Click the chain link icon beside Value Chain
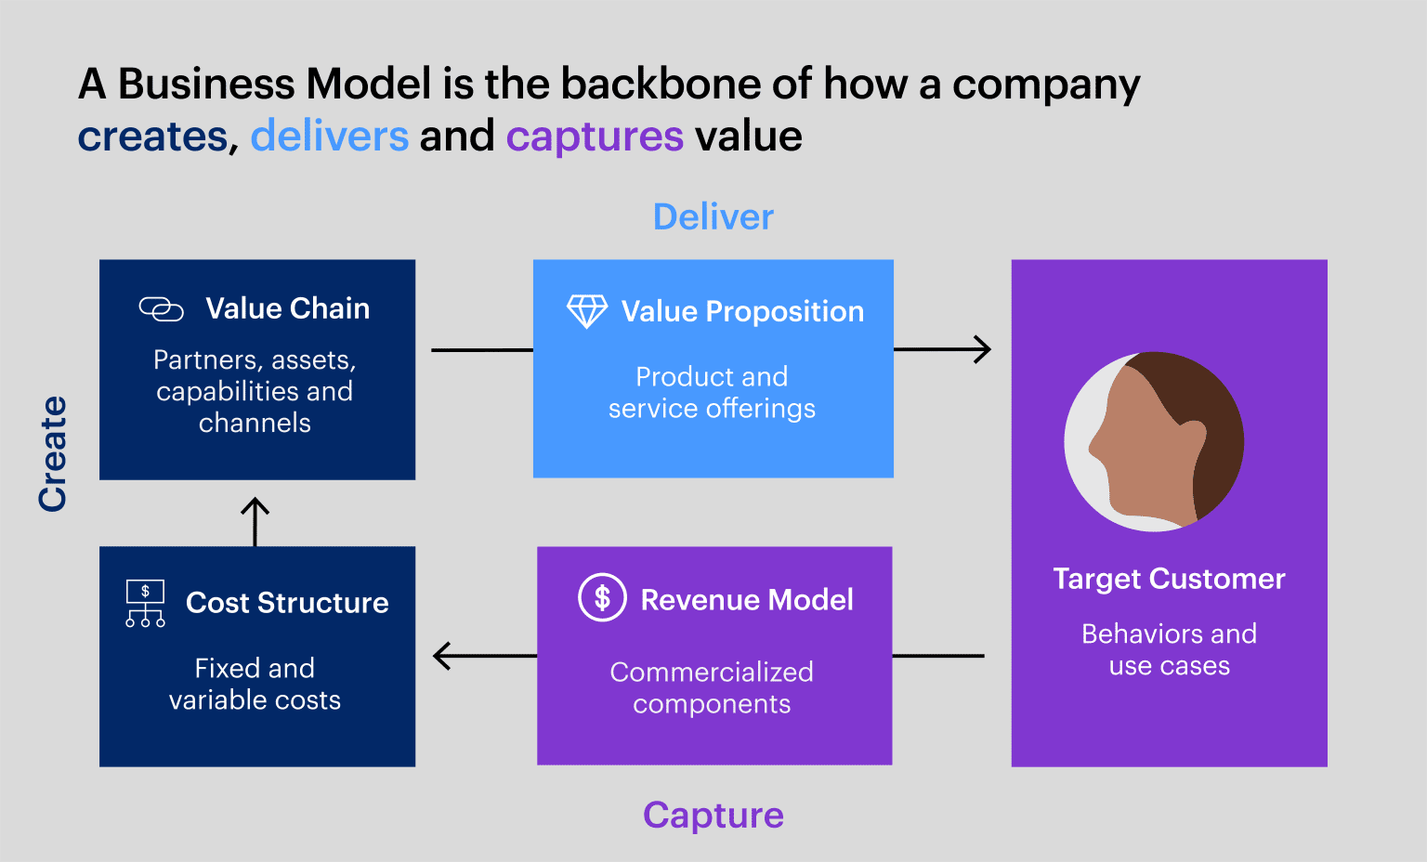point(161,309)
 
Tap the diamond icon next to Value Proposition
point(587,312)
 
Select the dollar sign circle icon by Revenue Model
point(602,597)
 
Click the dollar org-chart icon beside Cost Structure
point(145,604)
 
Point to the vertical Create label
point(53,453)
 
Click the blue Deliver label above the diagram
point(713,217)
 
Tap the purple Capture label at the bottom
point(713,816)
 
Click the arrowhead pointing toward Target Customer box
point(983,350)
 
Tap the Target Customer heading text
point(1169,579)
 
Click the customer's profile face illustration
point(1154,442)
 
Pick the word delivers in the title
point(329,137)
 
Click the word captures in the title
point(595,137)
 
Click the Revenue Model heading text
point(746,600)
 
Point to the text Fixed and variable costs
point(255,684)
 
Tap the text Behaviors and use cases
point(1169,649)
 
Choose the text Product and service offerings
point(712,392)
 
